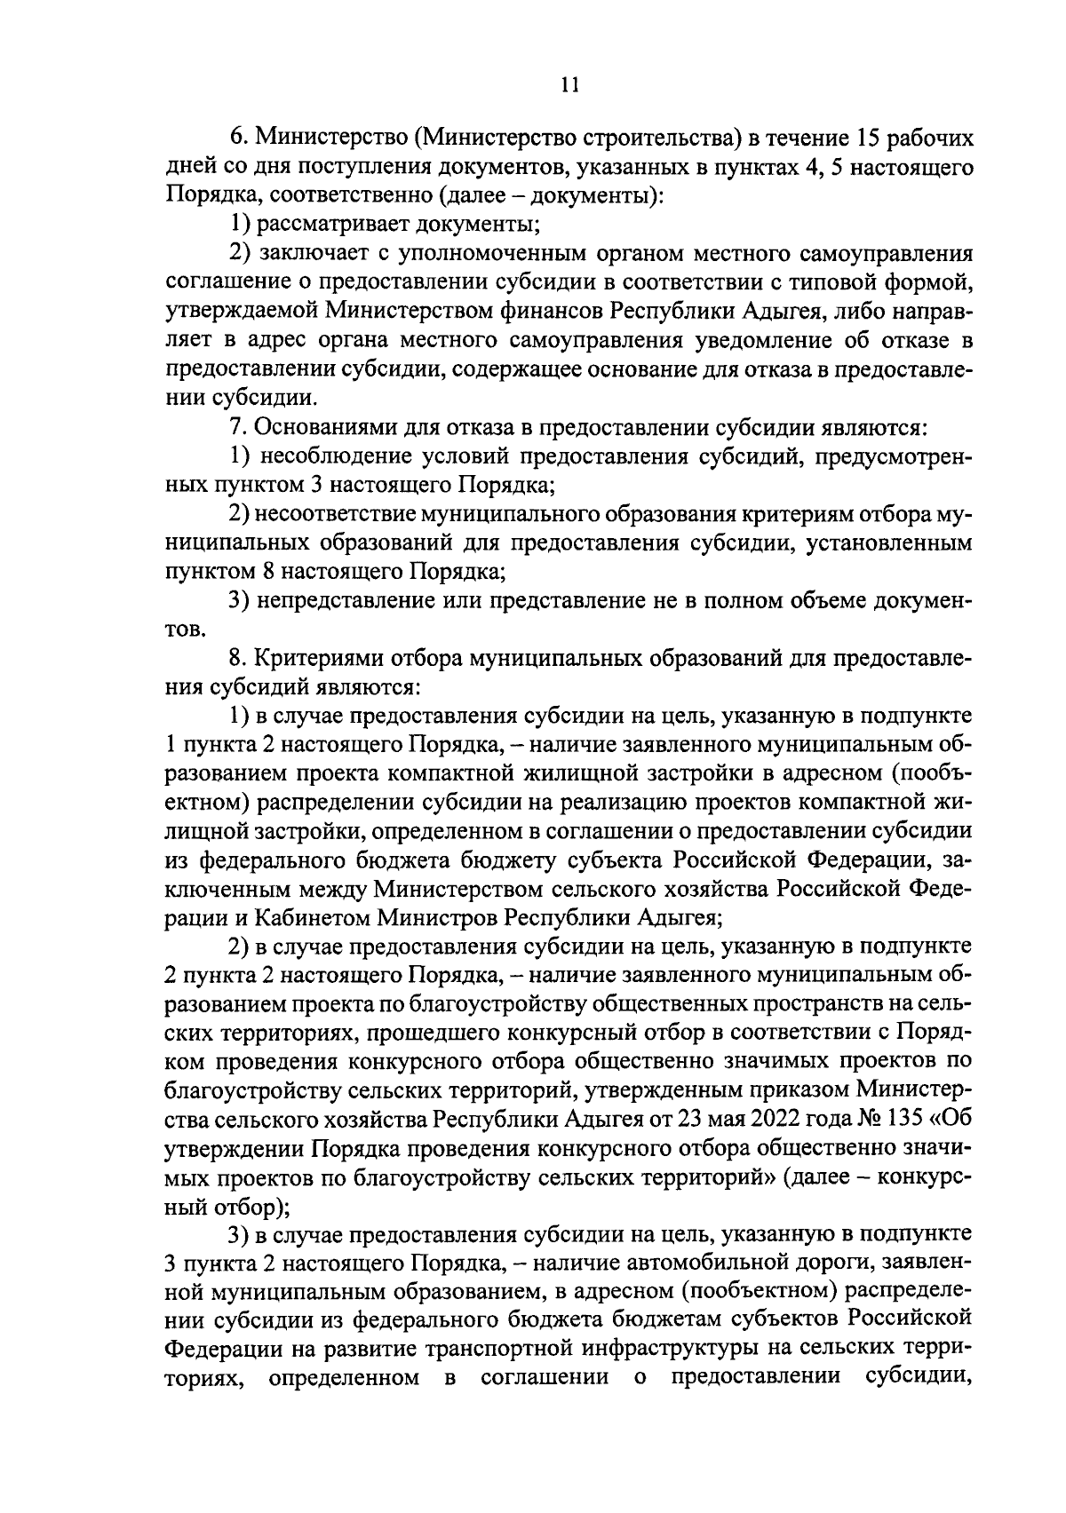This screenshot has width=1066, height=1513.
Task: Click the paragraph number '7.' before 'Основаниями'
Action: click(x=237, y=428)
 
